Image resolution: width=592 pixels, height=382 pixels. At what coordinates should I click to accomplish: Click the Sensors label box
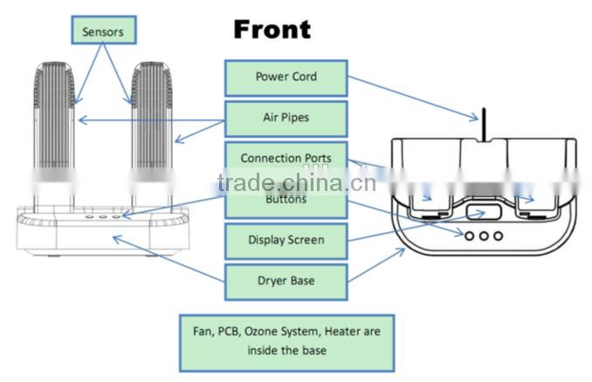pyautogui.click(x=103, y=32)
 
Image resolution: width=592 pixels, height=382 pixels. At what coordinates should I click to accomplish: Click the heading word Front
pyautogui.click(x=272, y=29)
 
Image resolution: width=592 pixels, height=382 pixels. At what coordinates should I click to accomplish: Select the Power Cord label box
pyautogui.click(x=286, y=77)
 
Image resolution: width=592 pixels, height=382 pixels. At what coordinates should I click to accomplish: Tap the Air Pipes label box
pyautogui.click(x=286, y=118)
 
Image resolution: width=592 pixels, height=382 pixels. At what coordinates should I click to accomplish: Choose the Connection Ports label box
pyautogui.click(x=286, y=158)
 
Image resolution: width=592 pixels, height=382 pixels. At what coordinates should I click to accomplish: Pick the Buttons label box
pyautogui.click(x=286, y=199)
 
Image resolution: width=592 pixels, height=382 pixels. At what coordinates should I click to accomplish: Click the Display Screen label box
pyautogui.click(x=286, y=240)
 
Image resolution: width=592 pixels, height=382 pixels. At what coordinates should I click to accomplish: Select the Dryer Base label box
pyautogui.click(x=286, y=281)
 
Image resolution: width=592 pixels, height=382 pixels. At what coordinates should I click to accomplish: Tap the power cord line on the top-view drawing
pyautogui.click(x=479, y=124)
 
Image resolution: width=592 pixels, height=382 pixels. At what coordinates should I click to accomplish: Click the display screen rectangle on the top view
pyautogui.click(x=482, y=212)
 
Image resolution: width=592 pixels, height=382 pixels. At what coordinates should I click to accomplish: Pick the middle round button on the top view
pyautogui.click(x=483, y=235)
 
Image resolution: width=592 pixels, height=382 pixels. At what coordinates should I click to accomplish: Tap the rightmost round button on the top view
pyautogui.click(x=498, y=235)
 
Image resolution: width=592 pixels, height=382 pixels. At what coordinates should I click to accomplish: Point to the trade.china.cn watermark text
pyautogui.click(x=297, y=183)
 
